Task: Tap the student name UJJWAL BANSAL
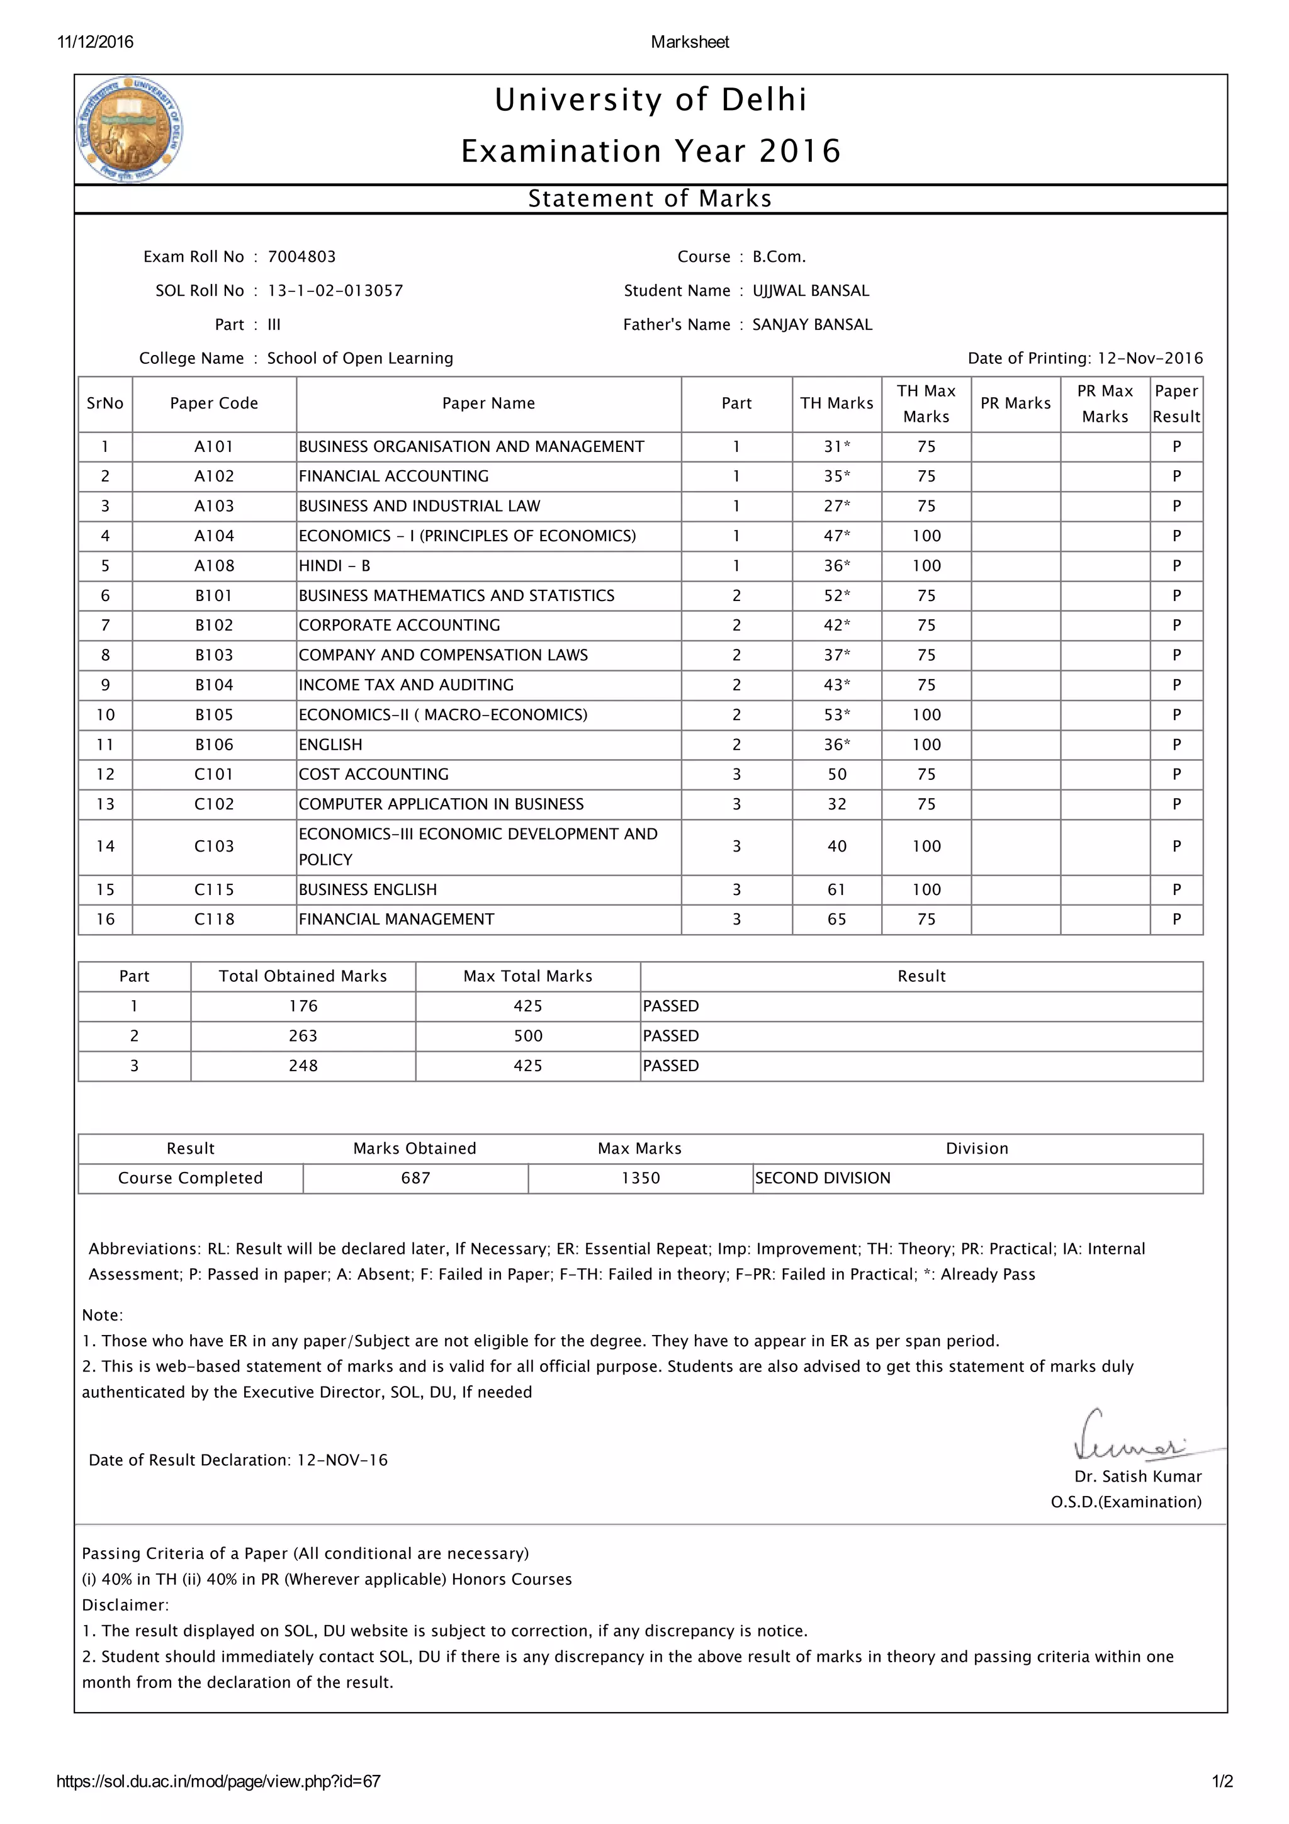coord(810,291)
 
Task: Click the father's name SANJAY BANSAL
coord(812,324)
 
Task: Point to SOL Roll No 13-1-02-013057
coord(334,291)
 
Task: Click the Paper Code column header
coord(213,403)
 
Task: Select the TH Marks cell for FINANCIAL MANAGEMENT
coord(836,919)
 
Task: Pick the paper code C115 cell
coord(213,890)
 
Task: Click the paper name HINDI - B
coord(334,566)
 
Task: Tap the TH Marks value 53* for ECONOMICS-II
coord(836,715)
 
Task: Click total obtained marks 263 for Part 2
coord(303,1036)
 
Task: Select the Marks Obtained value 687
coord(415,1178)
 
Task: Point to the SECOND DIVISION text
coord(822,1178)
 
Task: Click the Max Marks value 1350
coord(640,1178)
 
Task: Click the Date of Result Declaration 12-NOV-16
coord(342,1460)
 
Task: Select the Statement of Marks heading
coord(650,199)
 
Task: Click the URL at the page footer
coord(218,1781)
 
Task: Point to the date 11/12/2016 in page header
coord(95,42)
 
